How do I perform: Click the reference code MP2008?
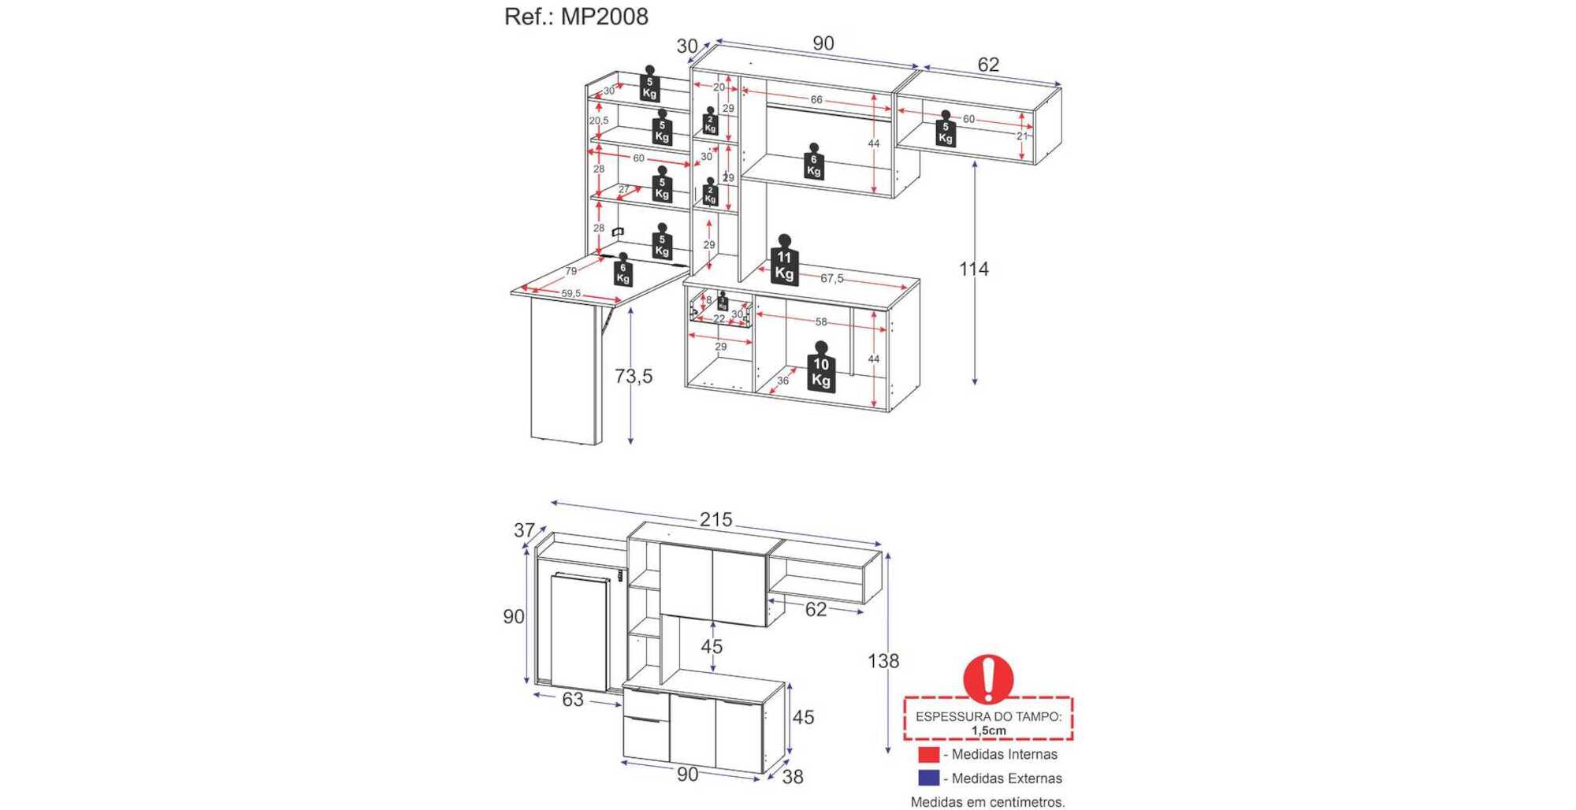(x=604, y=17)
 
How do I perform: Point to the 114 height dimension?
(x=974, y=269)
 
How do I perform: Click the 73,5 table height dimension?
(x=634, y=377)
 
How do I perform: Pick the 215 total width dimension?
(x=716, y=520)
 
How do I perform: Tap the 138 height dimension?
(x=883, y=661)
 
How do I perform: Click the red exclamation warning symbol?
(x=988, y=678)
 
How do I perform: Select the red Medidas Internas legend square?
(x=929, y=755)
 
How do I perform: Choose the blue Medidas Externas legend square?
(x=929, y=778)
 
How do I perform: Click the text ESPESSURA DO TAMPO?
(x=988, y=717)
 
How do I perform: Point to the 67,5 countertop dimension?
(x=831, y=278)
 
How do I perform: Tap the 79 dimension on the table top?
(x=571, y=271)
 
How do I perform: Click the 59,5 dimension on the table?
(x=571, y=294)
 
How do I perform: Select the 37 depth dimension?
(x=524, y=530)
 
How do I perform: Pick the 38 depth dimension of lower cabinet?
(x=793, y=777)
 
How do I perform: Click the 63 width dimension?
(x=573, y=700)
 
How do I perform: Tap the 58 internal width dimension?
(x=821, y=322)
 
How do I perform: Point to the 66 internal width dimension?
(x=816, y=100)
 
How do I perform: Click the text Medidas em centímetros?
(x=987, y=802)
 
